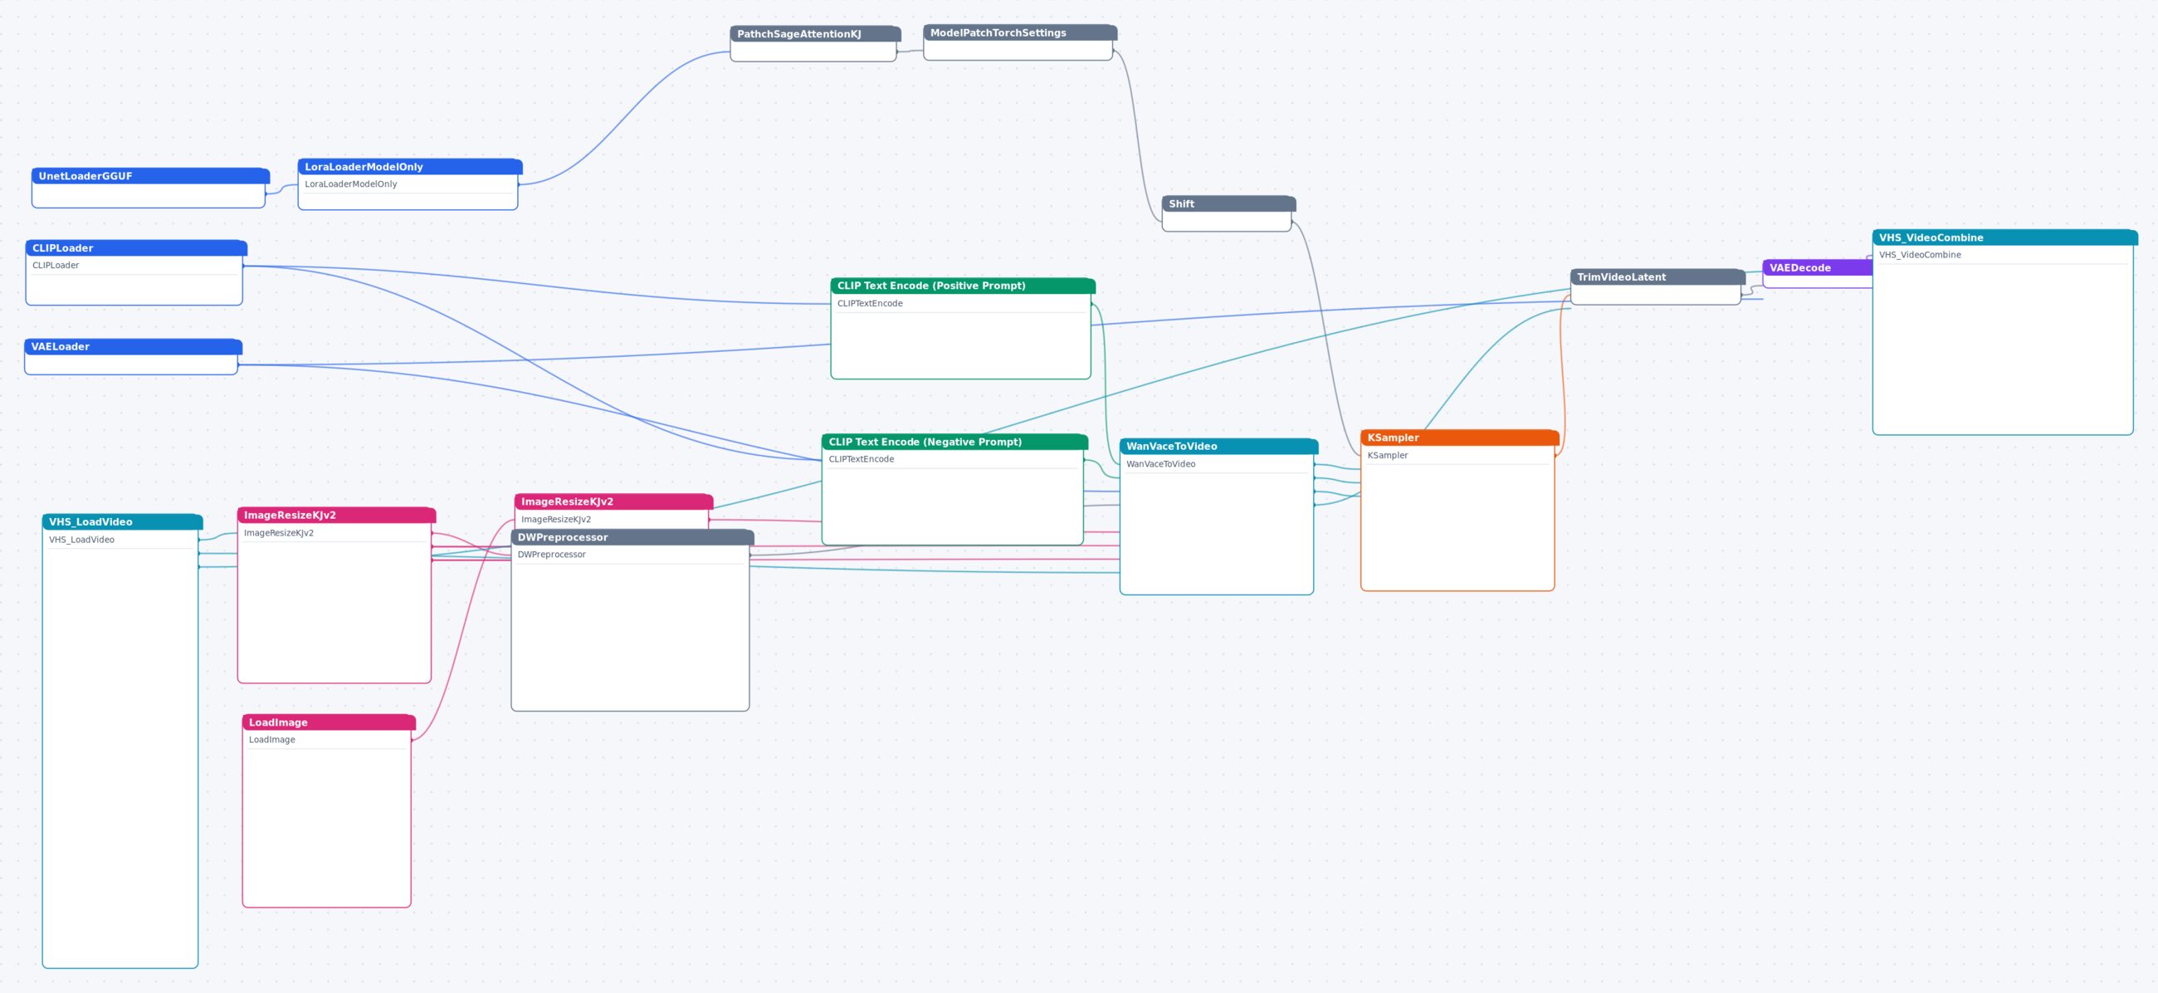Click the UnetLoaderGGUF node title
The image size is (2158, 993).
click(x=151, y=176)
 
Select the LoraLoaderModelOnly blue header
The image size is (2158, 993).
click(x=410, y=167)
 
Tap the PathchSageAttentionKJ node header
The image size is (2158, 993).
click(x=815, y=33)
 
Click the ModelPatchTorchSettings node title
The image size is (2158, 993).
click(x=1019, y=32)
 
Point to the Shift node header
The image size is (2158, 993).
click(x=1228, y=203)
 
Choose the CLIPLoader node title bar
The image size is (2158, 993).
click(x=137, y=248)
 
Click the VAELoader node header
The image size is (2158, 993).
click(x=133, y=346)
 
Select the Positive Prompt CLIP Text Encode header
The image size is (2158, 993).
click(x=963, y=286)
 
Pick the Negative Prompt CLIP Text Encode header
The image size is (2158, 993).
click(x=954, y=442)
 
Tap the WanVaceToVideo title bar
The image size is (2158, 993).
click(x=1218, y=446)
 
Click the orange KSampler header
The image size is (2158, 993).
click(x=1459, y=438)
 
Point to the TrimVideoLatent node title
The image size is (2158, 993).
click(x=1657, y=276)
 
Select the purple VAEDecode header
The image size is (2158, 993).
click(x=1817, y=267)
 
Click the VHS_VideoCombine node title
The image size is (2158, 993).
click(x=2004, y=237)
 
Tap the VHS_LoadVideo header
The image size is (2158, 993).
click(x=122, y=521)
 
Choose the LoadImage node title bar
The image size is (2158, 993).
click(x=329, y=722)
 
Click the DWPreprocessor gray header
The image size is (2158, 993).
click(x=632, y=537)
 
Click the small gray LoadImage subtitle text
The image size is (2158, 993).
click(x=271, y=740)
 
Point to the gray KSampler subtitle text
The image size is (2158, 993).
click(x=1387, y=456)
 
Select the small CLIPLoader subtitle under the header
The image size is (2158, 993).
click(x=56, y=266)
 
